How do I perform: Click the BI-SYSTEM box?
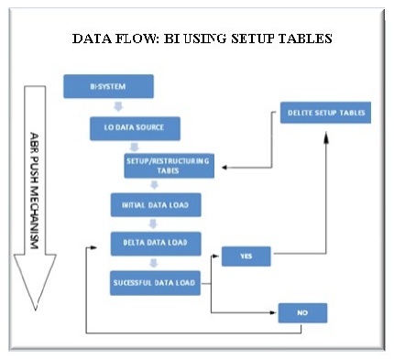[x=107, y=88]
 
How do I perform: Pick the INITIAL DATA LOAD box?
[x=155, y=203]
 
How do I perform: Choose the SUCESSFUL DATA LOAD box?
[x=155, y=281]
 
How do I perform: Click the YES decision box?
[x=246, y=256]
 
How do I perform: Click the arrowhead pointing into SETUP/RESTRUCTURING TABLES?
[x=223, y=168]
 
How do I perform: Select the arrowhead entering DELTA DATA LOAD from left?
[x=92, y=245]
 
